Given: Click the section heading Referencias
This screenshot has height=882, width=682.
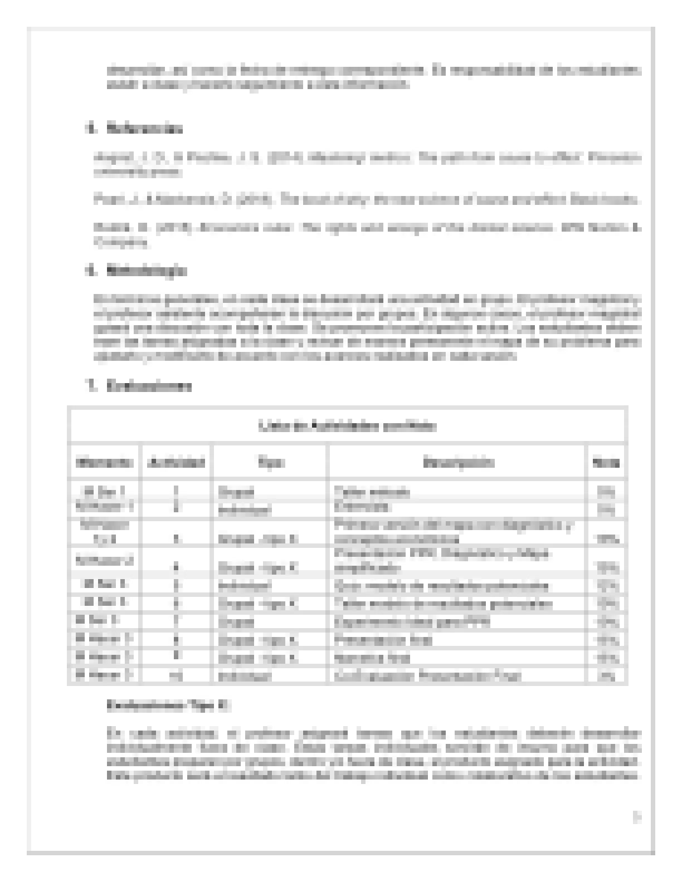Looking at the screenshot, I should click(144, 129).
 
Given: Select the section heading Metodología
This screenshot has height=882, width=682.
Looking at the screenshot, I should click(146, 271).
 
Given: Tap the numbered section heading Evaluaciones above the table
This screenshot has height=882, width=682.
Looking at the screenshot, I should click(149, 386).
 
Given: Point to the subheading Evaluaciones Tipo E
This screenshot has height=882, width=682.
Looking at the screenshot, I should click(168, 705).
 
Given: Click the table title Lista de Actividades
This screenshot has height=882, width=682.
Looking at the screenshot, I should click(347, 426).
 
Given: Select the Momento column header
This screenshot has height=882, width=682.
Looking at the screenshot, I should click(104, 462).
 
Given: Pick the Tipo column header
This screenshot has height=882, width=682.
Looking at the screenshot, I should click(270, 462).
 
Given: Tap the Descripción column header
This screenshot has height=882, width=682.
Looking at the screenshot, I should click(457, 462).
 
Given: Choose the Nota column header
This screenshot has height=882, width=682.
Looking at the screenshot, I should click(606, 462).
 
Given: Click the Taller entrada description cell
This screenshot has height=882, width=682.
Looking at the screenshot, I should click(372, 492).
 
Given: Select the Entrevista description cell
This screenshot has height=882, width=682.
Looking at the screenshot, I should click(362, 507).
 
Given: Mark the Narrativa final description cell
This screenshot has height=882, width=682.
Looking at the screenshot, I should click(372, 658).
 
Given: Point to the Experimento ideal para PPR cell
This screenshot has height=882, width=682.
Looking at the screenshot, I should click(412, 621).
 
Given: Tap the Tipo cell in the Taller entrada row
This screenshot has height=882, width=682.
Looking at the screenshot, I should click(236, 492).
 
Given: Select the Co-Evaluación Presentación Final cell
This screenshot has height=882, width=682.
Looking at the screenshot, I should click(428, 675).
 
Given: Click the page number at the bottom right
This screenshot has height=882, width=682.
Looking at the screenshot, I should click(636, 817).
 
